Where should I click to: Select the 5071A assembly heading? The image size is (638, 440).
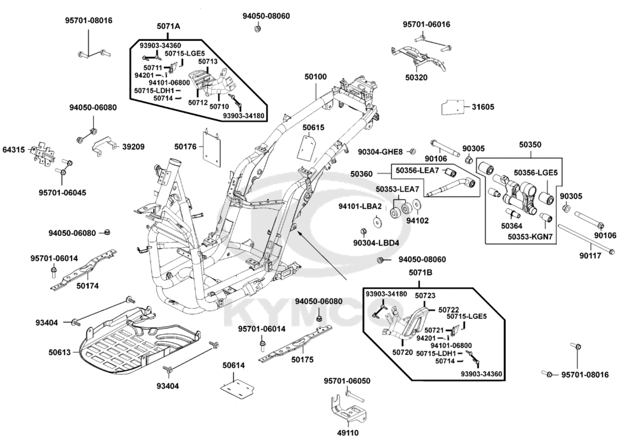168,26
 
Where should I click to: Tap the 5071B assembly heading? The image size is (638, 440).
420,273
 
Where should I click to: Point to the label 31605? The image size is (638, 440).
483,107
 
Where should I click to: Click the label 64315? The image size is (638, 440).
13,150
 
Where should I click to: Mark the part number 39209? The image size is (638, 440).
133,147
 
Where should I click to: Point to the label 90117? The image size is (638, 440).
591,256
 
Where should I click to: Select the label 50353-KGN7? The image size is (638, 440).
530,237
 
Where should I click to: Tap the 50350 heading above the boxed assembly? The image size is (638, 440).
530,145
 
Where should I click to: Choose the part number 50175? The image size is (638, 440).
302,360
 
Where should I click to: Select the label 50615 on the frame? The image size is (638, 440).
313,128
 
